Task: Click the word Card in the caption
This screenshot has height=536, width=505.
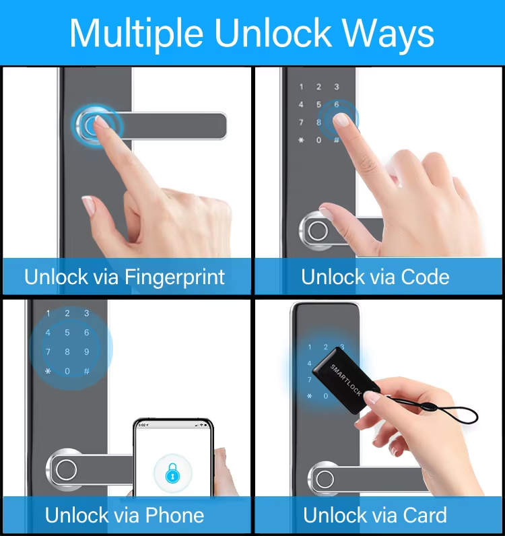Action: (x=423, y=515)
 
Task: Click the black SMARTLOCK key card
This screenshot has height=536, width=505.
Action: (x=339, y=380)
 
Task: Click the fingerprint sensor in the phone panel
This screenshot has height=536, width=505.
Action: (x=66, y=469)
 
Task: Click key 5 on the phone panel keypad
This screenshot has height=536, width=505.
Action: (x=67, y=333)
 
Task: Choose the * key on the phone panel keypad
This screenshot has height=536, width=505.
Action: (x=48, y=371)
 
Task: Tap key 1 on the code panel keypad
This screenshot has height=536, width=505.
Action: (x=301, y=88)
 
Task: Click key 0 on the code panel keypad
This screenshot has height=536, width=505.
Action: (x=319, y=140)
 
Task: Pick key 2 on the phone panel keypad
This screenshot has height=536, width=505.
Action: (x=67, y=313)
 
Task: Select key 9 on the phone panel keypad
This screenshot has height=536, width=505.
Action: (x=87, y=351)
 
